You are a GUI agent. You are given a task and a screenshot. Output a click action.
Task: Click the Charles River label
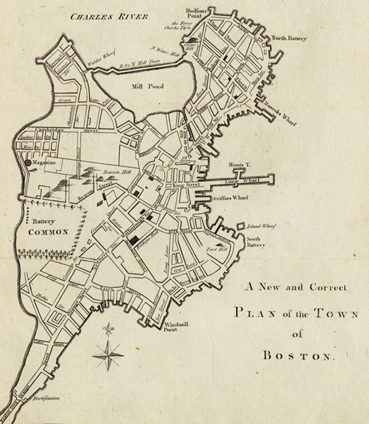(108, 16)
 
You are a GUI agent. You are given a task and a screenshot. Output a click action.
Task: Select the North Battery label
(290, 38)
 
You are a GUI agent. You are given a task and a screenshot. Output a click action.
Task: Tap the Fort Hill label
(217, 248)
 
